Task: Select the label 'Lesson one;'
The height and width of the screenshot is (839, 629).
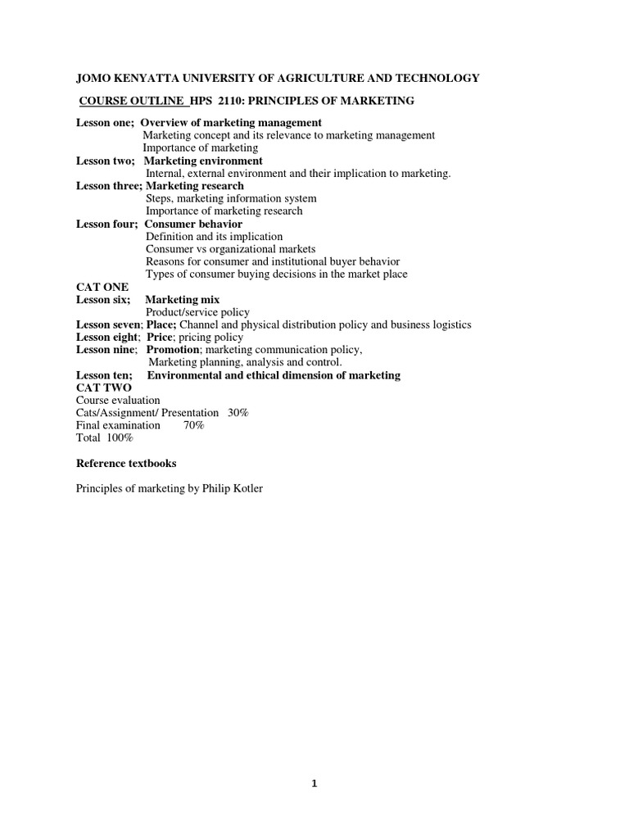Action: [x=106, y=123]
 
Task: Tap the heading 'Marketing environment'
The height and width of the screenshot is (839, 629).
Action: [x=203, y=161]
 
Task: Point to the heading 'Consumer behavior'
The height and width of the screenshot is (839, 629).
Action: [x=193, y=224]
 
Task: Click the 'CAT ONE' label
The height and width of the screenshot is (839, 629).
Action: [x=97, y=287]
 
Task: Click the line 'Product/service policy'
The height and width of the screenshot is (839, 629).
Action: [x=197, y=312]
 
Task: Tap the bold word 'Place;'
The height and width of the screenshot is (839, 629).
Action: [x=161, y=324]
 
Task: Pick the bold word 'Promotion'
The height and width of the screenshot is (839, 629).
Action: [x=172, y=350]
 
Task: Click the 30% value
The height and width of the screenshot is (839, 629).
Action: [x=238, y=413]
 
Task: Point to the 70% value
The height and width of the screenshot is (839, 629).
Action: [x=194, y=425]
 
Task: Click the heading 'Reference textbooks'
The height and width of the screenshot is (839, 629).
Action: [x=126, y=464]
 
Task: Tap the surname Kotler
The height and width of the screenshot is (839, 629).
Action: [x=247, y=489]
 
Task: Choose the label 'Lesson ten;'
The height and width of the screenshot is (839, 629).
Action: [x=104, y=375]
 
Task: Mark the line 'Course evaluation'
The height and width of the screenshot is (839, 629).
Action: [x=118, y=401]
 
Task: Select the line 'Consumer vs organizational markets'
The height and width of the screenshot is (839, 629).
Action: [x=230, y=249]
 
